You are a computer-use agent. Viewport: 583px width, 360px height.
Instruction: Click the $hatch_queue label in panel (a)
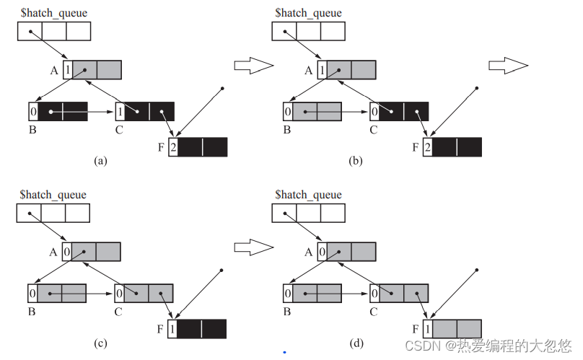tap(54, 13)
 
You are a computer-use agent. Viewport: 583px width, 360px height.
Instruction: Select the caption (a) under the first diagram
tap(101, 162)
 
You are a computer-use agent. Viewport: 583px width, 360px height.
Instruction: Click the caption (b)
tap(356, 162)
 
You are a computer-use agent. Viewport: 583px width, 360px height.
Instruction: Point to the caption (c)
tap(100, 343)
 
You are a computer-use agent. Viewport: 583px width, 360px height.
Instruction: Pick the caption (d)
tap(356, 343)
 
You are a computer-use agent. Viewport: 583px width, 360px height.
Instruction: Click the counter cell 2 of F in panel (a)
tap(173, 147)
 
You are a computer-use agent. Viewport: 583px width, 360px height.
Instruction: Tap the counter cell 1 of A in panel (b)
tap(322, 70)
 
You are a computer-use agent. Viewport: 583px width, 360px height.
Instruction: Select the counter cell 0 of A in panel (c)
tap(66, 252)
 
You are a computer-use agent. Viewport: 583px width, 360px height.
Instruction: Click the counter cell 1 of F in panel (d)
tap(428, 329)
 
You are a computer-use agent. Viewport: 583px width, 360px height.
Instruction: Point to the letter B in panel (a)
tap(32, 130)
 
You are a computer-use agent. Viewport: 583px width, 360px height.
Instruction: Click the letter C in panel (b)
tap(374, 130)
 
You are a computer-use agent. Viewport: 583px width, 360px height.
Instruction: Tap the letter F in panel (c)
tap(160, 330)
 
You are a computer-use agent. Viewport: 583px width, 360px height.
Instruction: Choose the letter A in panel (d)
tap(309, 252)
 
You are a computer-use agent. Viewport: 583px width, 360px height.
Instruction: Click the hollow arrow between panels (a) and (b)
tap(254, 66)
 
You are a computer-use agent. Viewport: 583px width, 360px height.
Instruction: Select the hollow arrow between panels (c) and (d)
tap(254, 247)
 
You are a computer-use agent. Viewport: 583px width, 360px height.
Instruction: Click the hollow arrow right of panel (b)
tap(508, 66)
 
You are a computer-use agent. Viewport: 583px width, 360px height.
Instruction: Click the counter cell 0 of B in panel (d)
tap(288, 294)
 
